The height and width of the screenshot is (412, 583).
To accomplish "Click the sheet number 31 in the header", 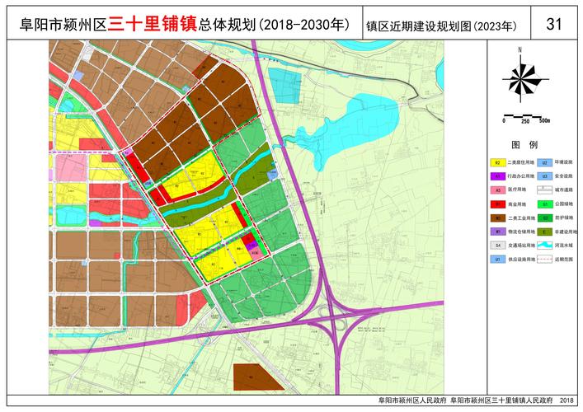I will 554,23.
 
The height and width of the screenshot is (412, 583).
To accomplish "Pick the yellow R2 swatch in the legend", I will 497,162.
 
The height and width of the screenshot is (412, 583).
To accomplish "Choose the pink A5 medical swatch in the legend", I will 497,190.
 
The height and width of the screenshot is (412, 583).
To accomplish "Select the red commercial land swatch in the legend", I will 497,204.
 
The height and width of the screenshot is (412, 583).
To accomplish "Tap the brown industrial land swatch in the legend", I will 497,218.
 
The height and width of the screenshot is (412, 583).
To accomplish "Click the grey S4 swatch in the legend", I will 497,245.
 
